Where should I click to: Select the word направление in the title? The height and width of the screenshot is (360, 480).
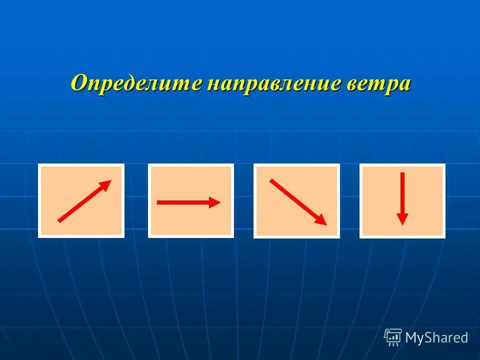coord(272,82)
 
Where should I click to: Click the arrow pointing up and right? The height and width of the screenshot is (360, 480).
coord(84,200)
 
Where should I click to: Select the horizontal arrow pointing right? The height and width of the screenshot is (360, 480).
coord(188,202)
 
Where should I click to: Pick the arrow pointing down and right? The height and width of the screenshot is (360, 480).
coord(298,202)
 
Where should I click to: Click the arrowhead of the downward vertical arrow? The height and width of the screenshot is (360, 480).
coord(402,219)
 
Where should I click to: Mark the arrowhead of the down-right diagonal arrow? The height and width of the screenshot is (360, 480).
coord(321,220)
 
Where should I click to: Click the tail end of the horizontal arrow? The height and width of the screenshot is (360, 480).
coord(159,202)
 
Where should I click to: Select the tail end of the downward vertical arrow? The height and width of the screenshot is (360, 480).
coord(402,174)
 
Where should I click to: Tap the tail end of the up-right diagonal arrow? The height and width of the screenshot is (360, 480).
coord(60,220)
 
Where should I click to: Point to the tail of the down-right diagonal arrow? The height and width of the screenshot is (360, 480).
coord(272,180)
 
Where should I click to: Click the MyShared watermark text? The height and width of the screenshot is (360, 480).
coord(436,337)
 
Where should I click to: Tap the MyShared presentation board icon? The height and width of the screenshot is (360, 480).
coord(393,337)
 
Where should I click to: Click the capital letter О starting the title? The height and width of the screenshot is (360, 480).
coord(79,82)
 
